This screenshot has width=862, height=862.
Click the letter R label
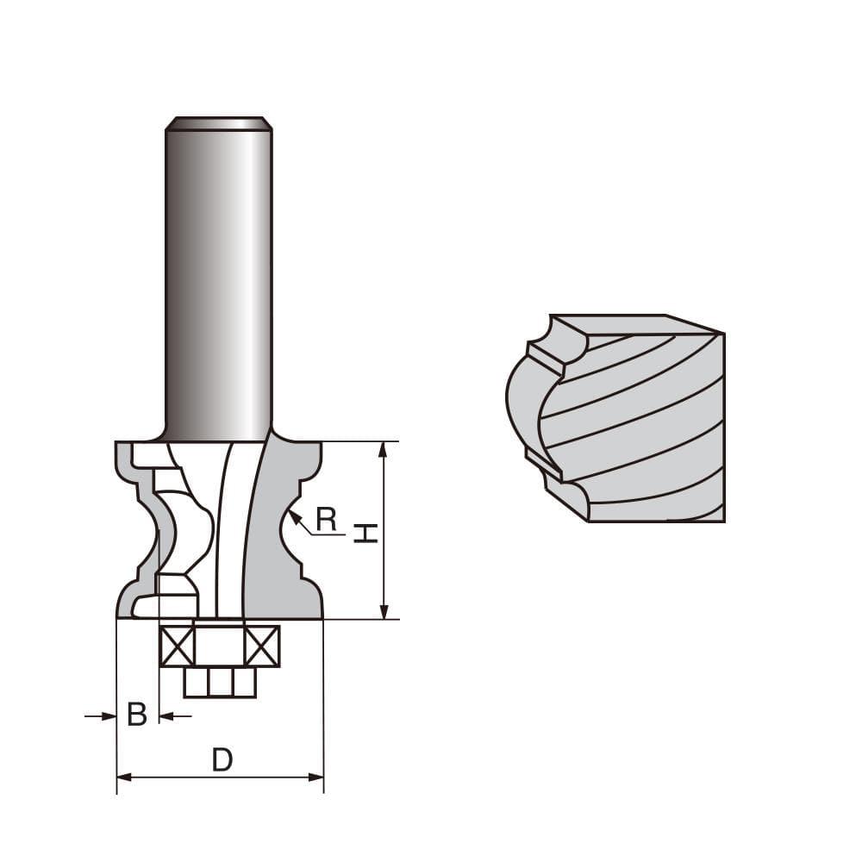pos(326,519)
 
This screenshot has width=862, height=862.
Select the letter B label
pos(137,715)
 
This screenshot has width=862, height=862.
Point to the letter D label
pos(222,759)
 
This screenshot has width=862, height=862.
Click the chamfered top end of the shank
pos(219,123)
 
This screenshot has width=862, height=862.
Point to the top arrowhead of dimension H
pos(384,447)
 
